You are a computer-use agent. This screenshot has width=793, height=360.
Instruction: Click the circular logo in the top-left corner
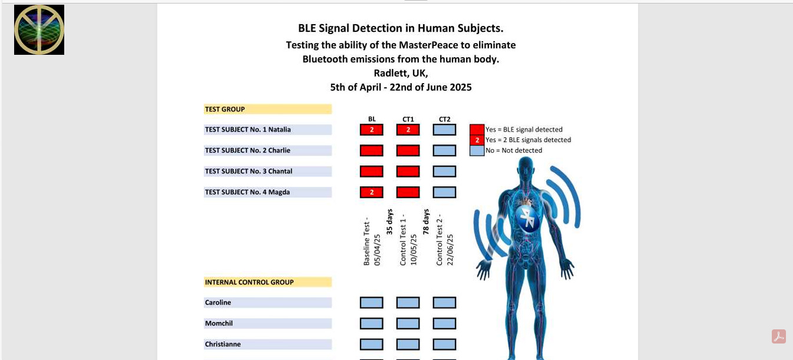[x=39, y=29]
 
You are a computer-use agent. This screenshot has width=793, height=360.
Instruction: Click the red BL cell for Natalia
[x=371, y=130]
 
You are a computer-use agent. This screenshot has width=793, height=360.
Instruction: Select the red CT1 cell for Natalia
[x=408, y=130]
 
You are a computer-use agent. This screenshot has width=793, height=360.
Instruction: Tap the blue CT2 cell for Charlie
[x=444, y=151]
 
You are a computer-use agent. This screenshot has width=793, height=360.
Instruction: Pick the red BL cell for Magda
[x=371, y=192]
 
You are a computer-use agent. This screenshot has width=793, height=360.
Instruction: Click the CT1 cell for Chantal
[x=408, y=171]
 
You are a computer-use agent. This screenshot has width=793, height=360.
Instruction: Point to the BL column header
[x=372, y=119]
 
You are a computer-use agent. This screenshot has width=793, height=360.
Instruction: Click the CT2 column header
[x=444, y=119]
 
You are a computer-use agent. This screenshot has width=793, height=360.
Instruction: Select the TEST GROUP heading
[x=225, y=109]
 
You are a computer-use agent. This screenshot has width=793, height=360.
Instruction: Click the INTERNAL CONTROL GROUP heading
[x=249, y=282]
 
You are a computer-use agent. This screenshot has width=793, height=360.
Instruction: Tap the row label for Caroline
[x=218, y=303]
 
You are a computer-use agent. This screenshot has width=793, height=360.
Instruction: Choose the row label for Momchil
[x=219, y=323]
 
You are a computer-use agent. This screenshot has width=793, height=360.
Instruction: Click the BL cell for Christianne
[x=371, y=344]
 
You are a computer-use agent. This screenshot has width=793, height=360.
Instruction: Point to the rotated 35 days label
[x=389, y=222]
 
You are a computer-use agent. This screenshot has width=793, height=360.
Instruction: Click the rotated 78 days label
[x=426, y=222]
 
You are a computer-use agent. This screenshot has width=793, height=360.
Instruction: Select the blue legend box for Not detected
[x=477, y=150]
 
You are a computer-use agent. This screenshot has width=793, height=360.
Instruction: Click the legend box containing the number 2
[x=477, y=140]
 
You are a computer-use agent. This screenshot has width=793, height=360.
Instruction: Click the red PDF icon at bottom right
[x=779, y=336]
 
